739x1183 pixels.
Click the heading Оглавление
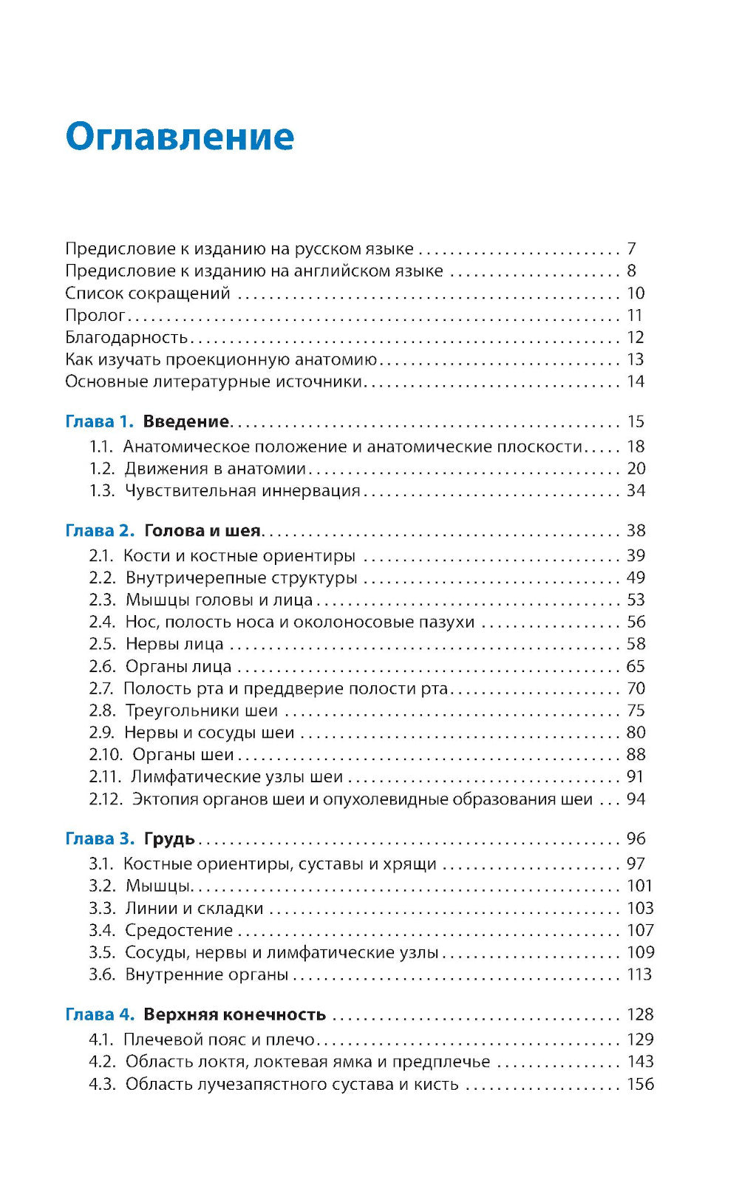point(180,138)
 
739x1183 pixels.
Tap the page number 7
point(631,249)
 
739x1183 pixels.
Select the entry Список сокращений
point(148,294)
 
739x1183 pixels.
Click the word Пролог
point(95,316)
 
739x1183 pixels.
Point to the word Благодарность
point(126,338)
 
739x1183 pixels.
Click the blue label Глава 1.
point(100,422)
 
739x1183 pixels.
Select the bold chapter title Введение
point(186,422)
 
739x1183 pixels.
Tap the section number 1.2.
point(102,469)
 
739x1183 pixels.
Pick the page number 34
point(636,491)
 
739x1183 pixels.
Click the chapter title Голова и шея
point(202,531)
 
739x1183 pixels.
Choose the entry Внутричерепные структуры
point(241,578)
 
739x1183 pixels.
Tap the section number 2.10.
point(105,755)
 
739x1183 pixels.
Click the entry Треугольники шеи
point(202,711)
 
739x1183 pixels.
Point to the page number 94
point(636,799)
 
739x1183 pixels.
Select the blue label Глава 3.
point(100,839)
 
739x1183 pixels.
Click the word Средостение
point(179,931)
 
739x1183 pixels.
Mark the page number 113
point(639,975)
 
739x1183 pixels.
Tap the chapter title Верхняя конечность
point(234,1015)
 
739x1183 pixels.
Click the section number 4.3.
point(102,1085)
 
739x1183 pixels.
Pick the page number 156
point(640,1085)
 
